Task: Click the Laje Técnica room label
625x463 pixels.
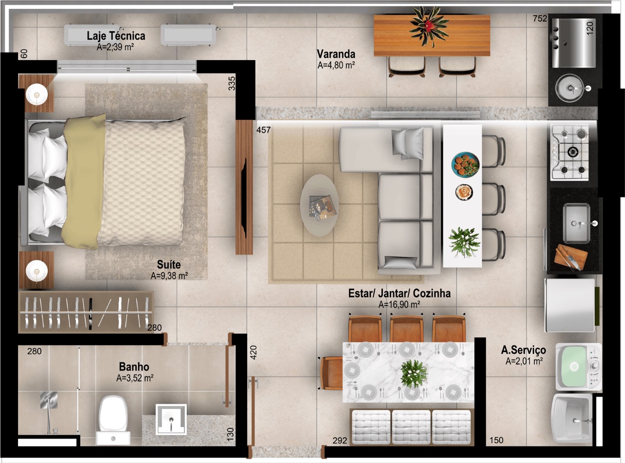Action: tap(116, 36)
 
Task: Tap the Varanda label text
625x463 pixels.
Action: tap(336, 54)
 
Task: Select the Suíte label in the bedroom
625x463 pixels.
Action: tap(169, 265)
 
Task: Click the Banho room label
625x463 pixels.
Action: tap(134, 367)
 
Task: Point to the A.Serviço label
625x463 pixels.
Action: tap(523, 350)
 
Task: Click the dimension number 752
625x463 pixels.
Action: tap(540, 19)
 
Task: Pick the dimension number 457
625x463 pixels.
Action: tap(264, 130)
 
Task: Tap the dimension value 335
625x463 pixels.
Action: tap(231, 84)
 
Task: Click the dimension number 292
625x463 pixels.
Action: tap(340, 441)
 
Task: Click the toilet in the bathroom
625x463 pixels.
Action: tap(113, 420)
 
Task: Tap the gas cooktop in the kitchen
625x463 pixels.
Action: tap(569, 152)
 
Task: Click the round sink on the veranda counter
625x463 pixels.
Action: tap(569, 88)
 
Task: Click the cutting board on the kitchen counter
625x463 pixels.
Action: tap(570, 257)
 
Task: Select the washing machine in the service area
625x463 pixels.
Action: tap(578, 367)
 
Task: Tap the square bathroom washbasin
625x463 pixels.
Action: tap(171, 419)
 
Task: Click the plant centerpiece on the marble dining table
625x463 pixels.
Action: tap(414, 373)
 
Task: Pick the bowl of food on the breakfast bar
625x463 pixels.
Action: tap(465, 165)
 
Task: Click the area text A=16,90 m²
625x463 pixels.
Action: tap(399, 305)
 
